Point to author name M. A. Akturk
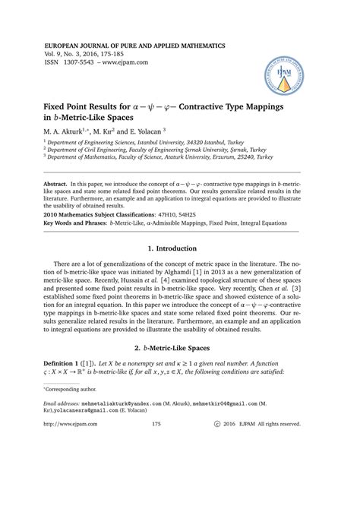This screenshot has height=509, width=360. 65,131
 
